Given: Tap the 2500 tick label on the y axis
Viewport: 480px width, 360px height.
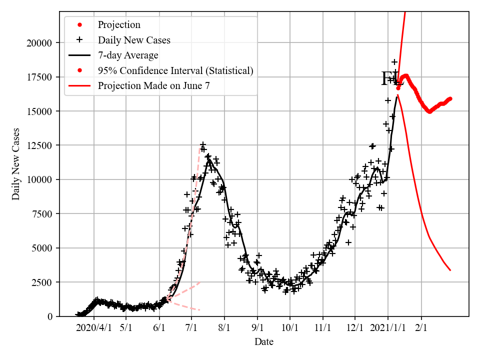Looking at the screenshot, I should (x=43, y=282).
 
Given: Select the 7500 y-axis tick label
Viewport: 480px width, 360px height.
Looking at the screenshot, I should (x=43, y=214).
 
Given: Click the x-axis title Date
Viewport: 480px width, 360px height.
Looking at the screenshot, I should (x=263, y=342).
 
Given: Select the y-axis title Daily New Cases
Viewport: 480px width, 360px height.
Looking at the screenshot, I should (x=16, y=164).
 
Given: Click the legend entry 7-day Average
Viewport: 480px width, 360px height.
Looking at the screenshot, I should (x=128, y=55).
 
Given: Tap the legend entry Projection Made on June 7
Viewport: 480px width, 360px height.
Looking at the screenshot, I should (x=153, y=85).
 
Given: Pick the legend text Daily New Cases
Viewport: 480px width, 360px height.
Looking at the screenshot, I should (x=134, y=40).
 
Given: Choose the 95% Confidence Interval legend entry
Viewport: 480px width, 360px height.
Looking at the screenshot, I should (x=175, y=70).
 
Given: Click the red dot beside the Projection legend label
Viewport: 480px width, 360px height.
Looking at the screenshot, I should (x=79, y=24).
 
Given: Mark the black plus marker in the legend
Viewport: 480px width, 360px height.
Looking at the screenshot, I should (x=79, y=40).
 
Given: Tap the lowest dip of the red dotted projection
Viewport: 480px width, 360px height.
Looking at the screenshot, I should (x=429, y=111).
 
